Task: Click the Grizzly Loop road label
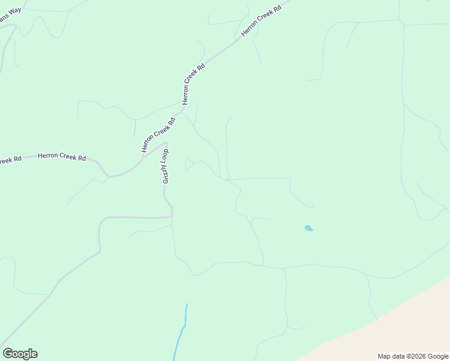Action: point(165,166)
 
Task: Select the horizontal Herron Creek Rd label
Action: point(61,157)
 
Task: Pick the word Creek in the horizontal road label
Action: point(67,157)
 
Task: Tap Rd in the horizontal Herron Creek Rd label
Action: point(81,158)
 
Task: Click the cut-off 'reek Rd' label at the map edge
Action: point(10,160)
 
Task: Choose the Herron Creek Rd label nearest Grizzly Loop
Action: point(158,134)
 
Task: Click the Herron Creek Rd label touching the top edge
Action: point(261,22)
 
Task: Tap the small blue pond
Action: point(309,228)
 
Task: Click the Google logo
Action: point(20,354)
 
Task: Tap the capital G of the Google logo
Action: point(8,353)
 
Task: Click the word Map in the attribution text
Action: point(384,356)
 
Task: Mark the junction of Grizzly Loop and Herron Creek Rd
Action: point(165,143)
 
